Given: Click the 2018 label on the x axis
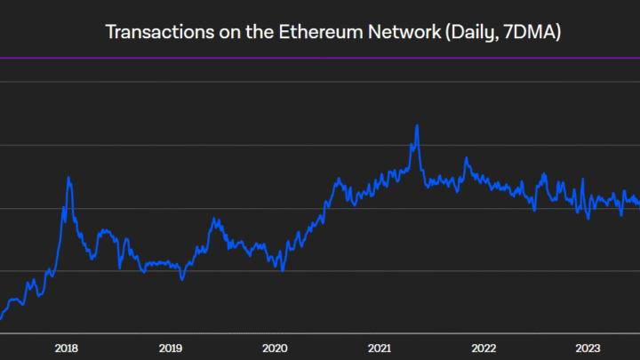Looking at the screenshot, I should [x=66, y=348].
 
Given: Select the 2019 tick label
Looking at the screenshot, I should [x=170, y=348].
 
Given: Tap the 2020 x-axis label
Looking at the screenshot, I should [x=275, y=348].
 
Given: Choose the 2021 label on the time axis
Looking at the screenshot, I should [x=380, y=348].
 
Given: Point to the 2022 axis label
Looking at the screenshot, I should [x=484, y=348].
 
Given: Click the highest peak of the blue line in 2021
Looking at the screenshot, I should [x=416, y=125].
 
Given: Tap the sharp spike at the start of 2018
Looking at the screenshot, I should [x=68, y=178].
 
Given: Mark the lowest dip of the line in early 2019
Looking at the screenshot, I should [x=181, y=279].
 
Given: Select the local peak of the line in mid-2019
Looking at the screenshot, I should [x=214, y=220].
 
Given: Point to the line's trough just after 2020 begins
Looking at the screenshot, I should [x=282, y=270].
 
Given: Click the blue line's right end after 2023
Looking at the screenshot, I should [x=638, y=203].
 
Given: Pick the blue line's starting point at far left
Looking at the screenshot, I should [x=1, y=318].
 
